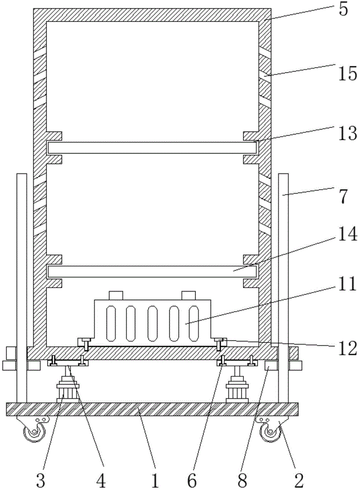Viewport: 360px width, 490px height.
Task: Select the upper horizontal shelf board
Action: (152, 147)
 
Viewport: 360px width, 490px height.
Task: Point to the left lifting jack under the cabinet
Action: (67, 387)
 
